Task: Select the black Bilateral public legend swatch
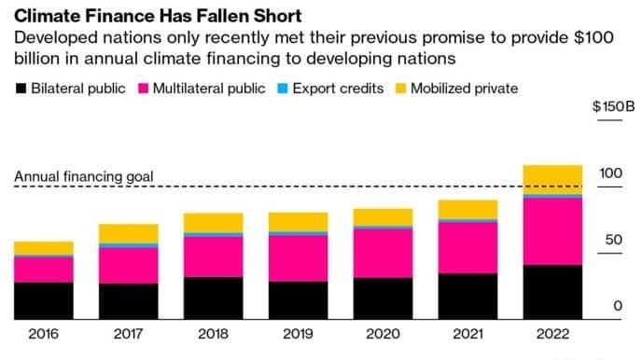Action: tap(21, 89)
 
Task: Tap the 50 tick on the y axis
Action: tap(610, 240)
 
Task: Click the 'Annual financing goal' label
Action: tap(84, 176)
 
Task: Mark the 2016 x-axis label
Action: tap(44, 334)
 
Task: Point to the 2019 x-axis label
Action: tap(298, 334)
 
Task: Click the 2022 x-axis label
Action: tap(552, 334)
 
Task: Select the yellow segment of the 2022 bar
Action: tap(552, 178)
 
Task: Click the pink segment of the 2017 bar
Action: tap(129, 266)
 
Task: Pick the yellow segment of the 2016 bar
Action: tap(44, 247)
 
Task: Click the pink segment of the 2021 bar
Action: tap(468, 248)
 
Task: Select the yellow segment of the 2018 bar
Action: tap(213, 222)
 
